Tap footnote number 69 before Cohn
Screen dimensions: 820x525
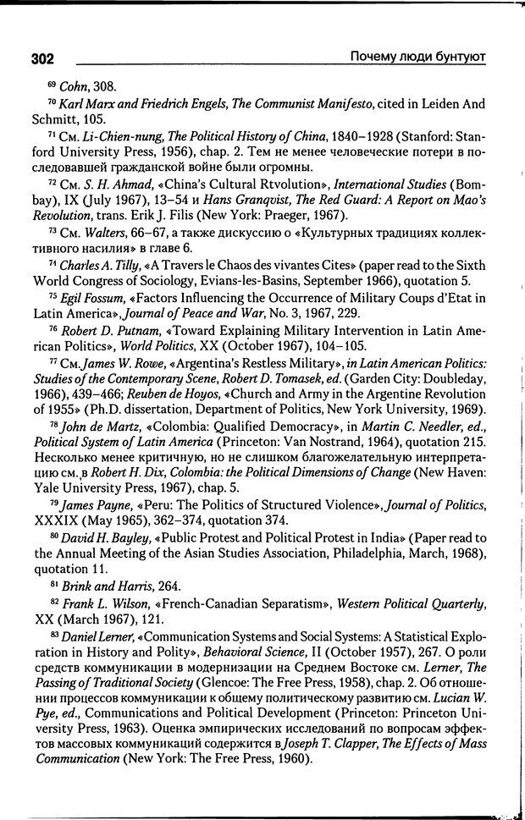pos(52,84)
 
